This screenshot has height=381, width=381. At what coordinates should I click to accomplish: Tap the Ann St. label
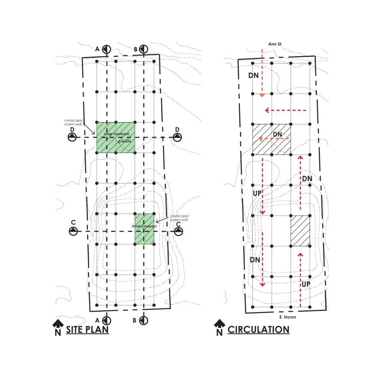click(x=274, y=44)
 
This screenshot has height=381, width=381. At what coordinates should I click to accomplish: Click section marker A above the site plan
click(x=106, y=49)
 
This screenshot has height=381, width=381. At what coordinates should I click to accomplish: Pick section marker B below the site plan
click(x=144, y=320)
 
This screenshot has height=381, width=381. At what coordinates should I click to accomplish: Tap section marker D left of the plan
click(x=72, y=137)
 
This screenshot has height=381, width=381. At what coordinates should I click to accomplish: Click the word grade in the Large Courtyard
click(x=126, y=140)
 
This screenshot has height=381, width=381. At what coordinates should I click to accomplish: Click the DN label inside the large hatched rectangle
click(x=277, y=135)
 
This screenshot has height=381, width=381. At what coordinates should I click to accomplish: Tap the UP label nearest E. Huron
click(x=305, y=284)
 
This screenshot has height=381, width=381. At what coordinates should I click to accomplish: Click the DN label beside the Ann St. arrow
click(x=254, y=75)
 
